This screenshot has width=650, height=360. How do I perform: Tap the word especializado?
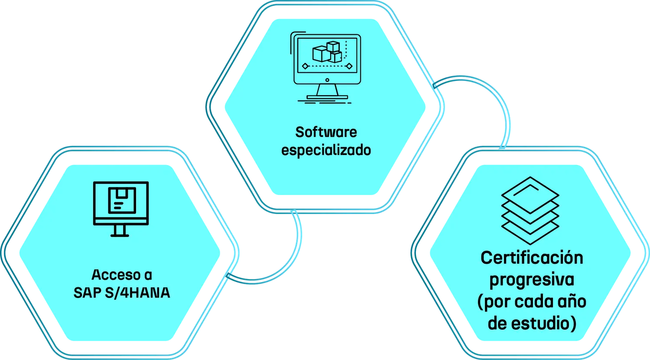(x=326, y=151)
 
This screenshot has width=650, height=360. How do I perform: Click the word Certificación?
(x=532, y=258)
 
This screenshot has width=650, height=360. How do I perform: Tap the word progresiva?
(x=532, y=279)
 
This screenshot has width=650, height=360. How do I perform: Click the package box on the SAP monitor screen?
(x=121, y=200)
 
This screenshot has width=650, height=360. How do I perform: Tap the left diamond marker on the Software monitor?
(x=305, y=66)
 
